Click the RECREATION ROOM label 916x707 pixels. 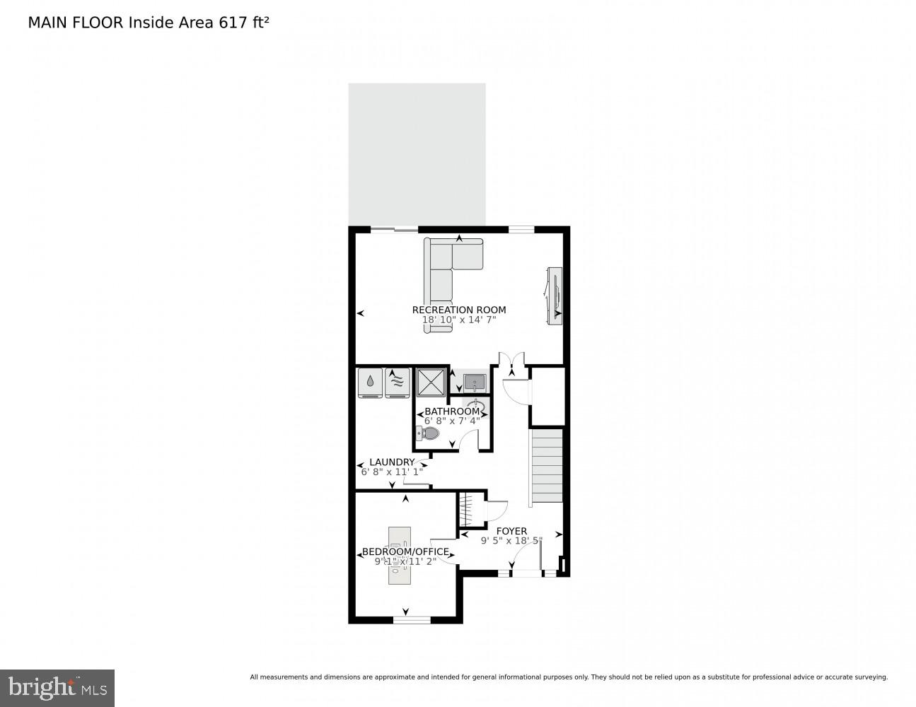(x=459, y=310)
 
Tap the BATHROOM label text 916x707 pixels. (x=452, y=411)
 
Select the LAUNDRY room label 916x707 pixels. (x=392, y=462)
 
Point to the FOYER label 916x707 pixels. (x=511, y=531)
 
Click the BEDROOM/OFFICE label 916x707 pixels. (x=405, y=552)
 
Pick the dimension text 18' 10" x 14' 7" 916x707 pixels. (x=459, y=320)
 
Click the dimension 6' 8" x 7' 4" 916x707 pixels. (x=452, y=421)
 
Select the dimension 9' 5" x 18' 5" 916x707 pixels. (x=511, y=541)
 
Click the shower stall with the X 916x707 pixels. (x=430, y=382)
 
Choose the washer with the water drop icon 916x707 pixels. (x=370, y=382)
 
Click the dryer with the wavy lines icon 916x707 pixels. (x=398, y=382)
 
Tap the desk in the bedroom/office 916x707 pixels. (x=400, y=556)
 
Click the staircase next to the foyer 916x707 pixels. (x=547, y=467)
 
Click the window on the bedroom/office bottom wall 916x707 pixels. (x=412, y=619)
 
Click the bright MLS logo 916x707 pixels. (x=57, y=688)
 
